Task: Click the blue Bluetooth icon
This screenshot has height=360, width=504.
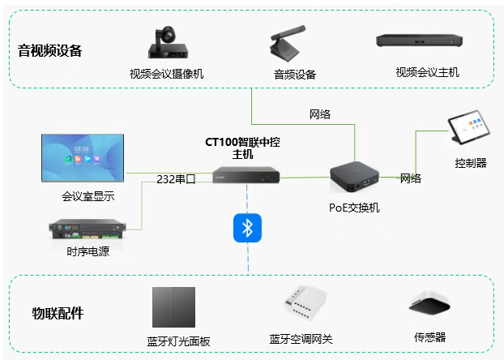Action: click(246, 228)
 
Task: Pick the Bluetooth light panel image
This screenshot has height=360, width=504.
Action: click(174, 307)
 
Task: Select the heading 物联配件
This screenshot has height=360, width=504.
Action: click(58, 313)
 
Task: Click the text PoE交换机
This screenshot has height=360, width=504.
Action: click(354, 207)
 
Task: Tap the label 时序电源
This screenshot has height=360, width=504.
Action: click(88, 251)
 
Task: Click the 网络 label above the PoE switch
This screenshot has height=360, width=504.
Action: click(320, 114)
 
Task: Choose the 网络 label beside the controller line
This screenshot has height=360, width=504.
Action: click(411, 178)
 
